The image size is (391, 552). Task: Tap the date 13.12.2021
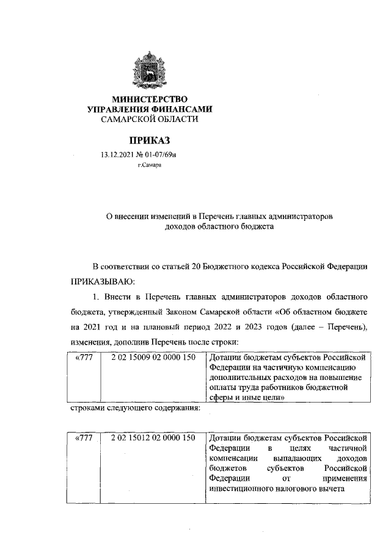(x=118, y=156)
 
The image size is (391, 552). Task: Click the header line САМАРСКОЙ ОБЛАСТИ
(x=150, y=119)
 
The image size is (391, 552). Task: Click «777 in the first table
(x=82, y=356)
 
